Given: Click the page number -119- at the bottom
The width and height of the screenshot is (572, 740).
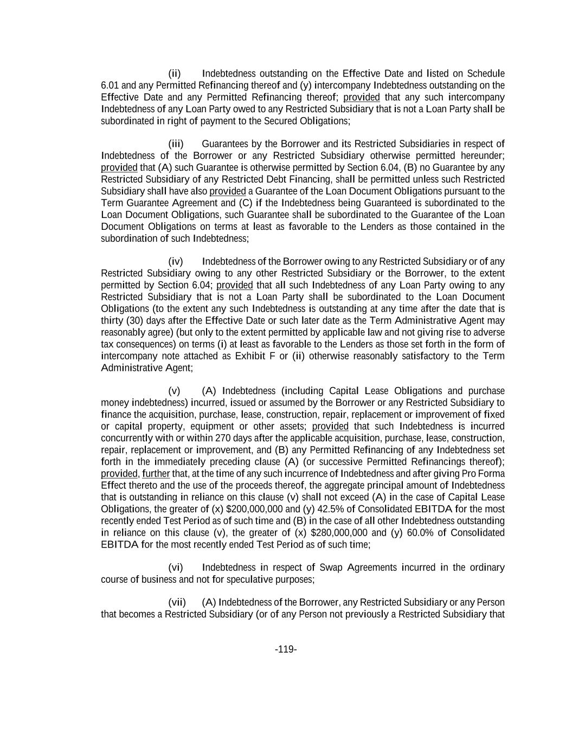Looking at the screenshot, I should coord(286,649).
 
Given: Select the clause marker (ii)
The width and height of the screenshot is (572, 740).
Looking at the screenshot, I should coord(174,74).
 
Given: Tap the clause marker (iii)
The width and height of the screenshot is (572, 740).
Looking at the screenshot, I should coord(176,144).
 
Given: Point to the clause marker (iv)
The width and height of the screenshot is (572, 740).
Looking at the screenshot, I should coord(176,262).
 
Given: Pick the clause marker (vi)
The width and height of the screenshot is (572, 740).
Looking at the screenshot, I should coord(176,568).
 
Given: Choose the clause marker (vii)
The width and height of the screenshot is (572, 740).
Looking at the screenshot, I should coord(177,603).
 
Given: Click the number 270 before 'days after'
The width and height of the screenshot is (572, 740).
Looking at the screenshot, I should coord(223,439).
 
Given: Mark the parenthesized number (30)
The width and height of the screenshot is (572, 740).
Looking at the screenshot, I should coord(134,320).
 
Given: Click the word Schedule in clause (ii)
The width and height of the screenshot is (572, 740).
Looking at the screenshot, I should coord(486,74).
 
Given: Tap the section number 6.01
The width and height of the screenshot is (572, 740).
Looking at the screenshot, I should coord(110,86).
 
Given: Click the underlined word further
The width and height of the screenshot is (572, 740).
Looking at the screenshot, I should coord(156,474).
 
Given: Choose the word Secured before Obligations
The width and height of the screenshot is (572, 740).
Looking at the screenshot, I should coord(271,121).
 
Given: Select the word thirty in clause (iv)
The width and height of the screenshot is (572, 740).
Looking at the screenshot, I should coord(112,320).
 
